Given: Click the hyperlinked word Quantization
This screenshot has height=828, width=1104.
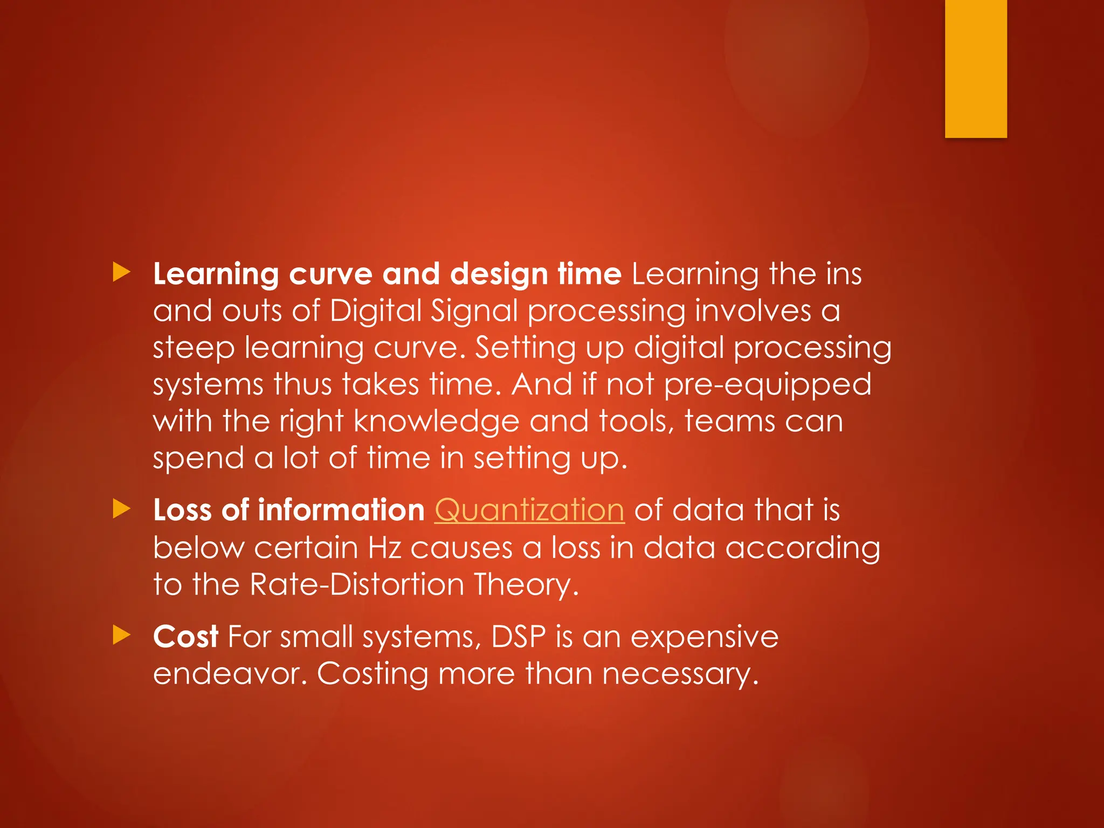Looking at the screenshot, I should pyautogui.click(x=529, y=510).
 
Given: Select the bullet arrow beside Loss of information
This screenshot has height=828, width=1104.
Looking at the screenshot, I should pyautogui.click(x=122, y=509).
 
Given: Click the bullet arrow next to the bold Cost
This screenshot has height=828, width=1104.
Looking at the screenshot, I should pyautogui.click(x=122, y=635).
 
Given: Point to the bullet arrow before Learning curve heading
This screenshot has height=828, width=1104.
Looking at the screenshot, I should pyautogui.click(x=122, y=272).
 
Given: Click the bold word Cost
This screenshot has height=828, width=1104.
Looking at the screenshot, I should pyautogui.click(x=185, y=637).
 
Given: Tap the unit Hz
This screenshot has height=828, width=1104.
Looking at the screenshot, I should pyautogui.click(x=385, y=548).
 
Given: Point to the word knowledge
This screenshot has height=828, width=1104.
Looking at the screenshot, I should pyautogui.click(x=436, y=422).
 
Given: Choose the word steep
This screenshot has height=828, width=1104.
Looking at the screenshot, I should pyautogui.click(x=194, y=349).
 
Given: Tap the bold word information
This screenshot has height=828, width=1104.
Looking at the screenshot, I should pyautogui.click(x=341, y=510).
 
